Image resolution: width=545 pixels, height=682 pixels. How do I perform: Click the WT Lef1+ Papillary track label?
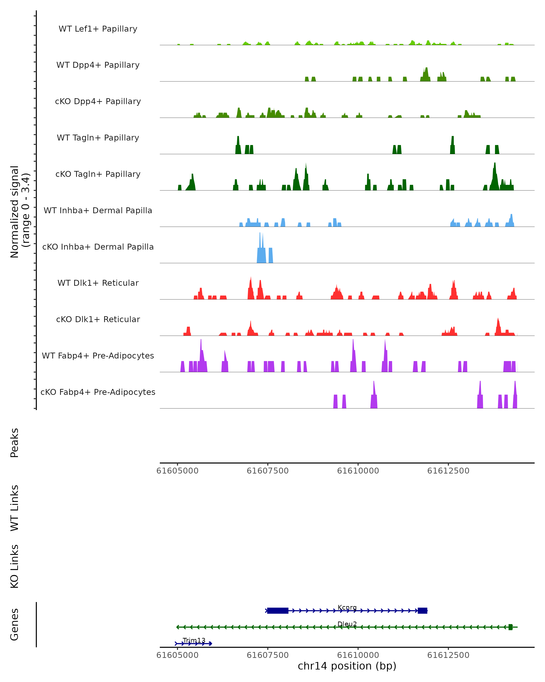tap(98, 29)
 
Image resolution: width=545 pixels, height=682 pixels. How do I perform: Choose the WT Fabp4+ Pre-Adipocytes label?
tap(98, 356)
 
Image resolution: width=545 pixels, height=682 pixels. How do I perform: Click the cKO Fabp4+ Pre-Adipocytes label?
tap(98, 392)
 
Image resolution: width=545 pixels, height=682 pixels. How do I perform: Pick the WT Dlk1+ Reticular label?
tap(98, 283)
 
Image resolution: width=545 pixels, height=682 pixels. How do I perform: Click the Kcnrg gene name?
tap(347, 607)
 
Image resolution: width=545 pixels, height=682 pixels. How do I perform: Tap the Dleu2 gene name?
tap(347, 624)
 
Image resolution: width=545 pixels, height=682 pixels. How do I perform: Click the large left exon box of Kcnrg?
tap(277, 611)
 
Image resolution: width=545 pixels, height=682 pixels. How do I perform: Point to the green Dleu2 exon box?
tap(510, 627)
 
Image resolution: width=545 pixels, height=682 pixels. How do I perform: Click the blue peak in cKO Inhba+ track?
tap(261, 253)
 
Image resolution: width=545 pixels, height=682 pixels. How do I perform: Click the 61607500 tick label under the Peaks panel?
tap(268, 471)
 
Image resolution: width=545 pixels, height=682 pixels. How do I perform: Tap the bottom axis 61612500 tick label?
tap(448, 655)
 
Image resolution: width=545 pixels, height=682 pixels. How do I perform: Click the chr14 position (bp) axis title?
tap(347, 666)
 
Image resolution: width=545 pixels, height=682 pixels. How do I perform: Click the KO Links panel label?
tap(15, 566)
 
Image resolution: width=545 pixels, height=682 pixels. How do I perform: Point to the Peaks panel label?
tap(15, 443)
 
